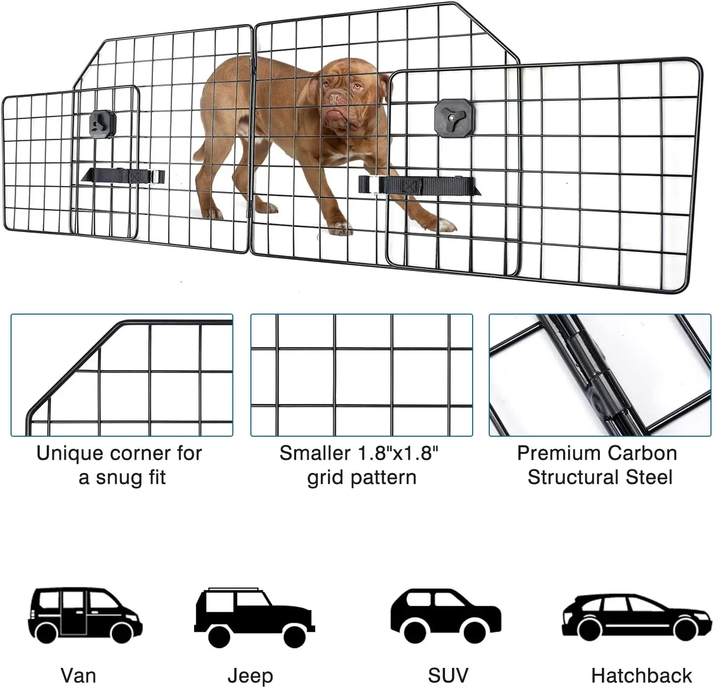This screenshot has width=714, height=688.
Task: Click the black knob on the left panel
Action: pyautogui.click(x=102, y=123)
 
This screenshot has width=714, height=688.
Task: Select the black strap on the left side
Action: pyautogui.click(x=123, y=176)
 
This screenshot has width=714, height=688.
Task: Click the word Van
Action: pyautogui.click(x=78, y=675)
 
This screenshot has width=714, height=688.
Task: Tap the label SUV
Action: pyautogui.click(x=448, y=675)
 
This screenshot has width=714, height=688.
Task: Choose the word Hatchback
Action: pyautogui.click(x=641, y=675)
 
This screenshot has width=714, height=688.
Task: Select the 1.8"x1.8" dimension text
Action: pyautogui.click(x=397, y=453)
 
